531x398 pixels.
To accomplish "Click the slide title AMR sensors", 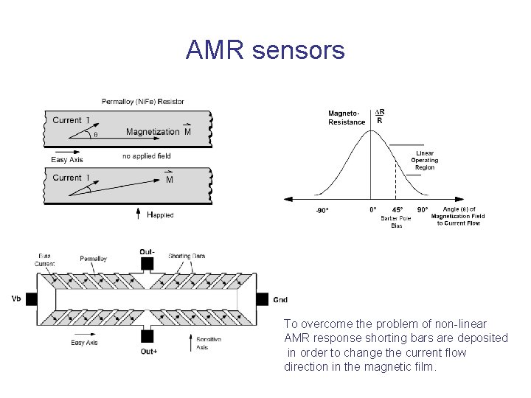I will coord(265,50).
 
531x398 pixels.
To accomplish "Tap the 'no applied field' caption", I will coord(146,156).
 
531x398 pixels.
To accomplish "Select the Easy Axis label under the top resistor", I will coord(67,159).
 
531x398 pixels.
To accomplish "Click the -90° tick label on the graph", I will coord(322,210).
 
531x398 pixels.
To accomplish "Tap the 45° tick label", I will coord(398,209).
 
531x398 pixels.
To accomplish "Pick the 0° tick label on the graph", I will coord(373,209).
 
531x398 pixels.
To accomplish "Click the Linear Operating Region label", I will coord(424,160).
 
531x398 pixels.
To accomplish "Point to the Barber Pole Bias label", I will coord(396,222).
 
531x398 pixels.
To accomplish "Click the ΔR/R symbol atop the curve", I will coord(380,116).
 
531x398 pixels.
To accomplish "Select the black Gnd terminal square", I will coord(261,299).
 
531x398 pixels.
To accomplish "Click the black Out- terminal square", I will coord(147,263).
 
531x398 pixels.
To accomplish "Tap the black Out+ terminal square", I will coord(147,337).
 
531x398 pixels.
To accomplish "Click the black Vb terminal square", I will coord(32,299).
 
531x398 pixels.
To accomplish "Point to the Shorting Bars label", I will coord(187,256).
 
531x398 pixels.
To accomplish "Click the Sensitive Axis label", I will coord(208,343).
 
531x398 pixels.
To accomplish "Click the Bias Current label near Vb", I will coord(44,259).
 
